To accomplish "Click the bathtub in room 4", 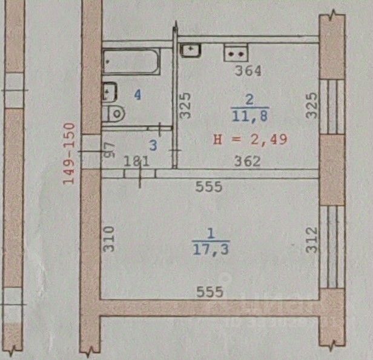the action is (x=131, y=62).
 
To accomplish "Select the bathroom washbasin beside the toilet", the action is (x=110, y=92).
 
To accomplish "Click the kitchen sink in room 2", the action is (x=190, y=50).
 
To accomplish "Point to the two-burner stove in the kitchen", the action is (x=236, y=53).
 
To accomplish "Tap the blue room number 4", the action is (x=137, y=95).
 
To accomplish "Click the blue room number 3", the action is (x=153, y=145).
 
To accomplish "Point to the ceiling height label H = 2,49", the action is (x=250, y=139).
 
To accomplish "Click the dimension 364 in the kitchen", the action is (x=248, y=71).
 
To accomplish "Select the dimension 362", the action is (x=248, y=161).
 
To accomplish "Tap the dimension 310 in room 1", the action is (x=109, y=239).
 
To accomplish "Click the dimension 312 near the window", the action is (x=312, y=240).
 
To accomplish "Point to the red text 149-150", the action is (x=69, y=154).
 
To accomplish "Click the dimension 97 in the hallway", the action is (x=110, y=150).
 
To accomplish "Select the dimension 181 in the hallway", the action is (x=137, y=161).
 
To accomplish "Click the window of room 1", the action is (x=332, y=247).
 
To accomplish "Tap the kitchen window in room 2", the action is (x=332, y=107).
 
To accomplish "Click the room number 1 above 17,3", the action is (x=211, y=233).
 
